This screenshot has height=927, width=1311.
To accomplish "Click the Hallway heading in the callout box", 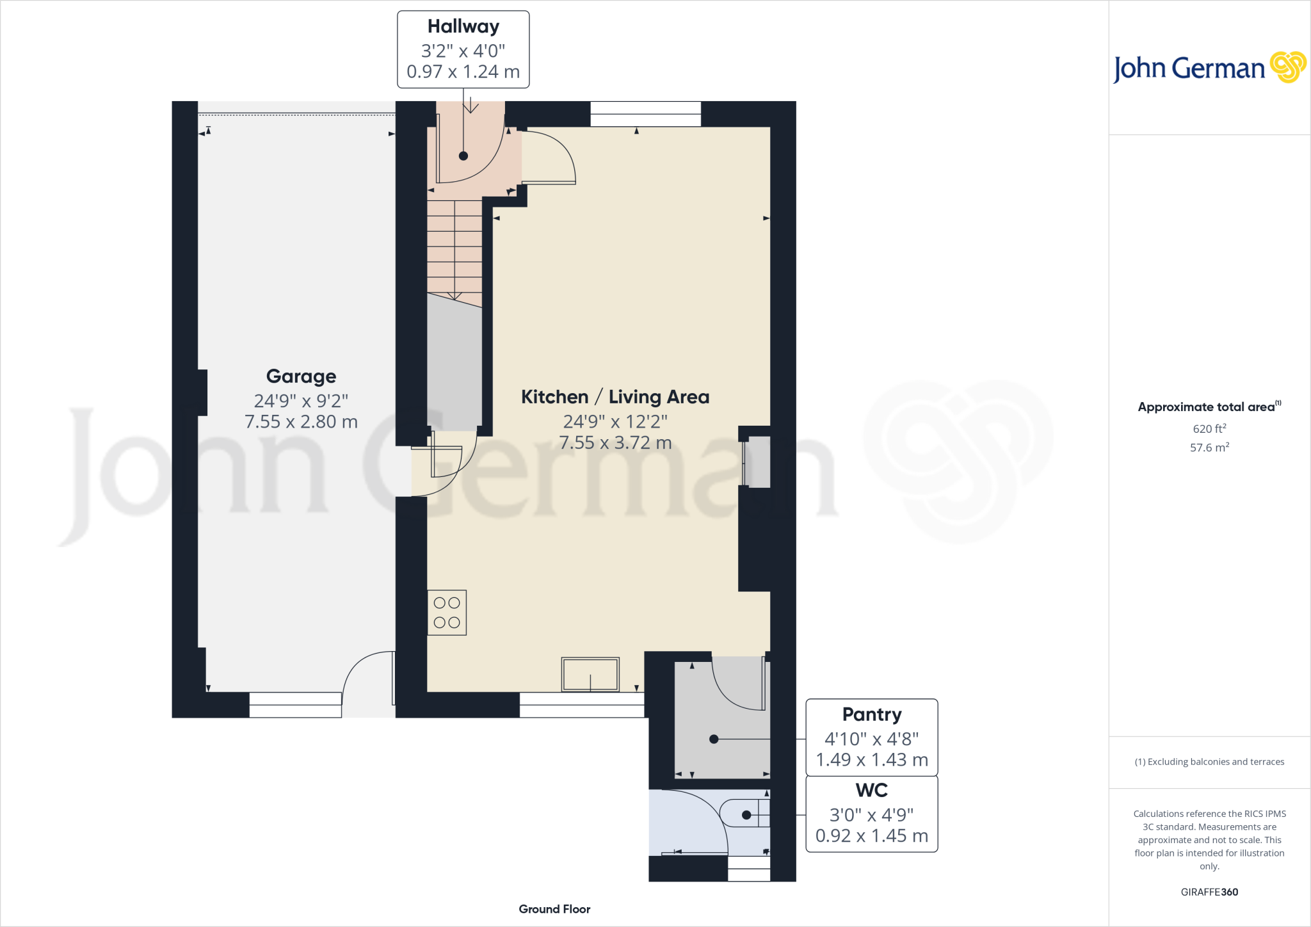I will [x=463, y=27].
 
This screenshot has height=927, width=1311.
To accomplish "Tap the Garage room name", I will [x=301, y=376].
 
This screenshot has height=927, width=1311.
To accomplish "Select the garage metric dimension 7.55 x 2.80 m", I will [x=301, y=422].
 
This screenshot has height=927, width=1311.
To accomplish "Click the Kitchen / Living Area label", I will [x=615, y=397].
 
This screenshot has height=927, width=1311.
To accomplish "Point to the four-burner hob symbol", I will [x=447, y=613].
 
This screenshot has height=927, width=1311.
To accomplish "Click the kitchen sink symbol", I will [x=590, y=674].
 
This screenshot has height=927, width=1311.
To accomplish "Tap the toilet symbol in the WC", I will [x=744, y=814].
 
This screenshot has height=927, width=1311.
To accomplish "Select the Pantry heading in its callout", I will [x=871, y=714].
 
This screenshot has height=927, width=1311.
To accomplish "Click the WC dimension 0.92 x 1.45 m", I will [x=871, y=836].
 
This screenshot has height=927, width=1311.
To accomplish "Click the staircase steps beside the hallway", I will [x=454, y=250].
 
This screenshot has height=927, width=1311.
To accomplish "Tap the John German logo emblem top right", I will [x=1287, y=67].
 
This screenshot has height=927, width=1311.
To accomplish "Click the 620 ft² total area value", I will [x=1209, y=428].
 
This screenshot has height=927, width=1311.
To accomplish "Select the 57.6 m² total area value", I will [x=1209, y=447].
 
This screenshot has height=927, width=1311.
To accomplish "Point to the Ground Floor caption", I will [x=554, y=909].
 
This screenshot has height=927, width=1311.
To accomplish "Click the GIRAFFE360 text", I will [x=1209, y=892].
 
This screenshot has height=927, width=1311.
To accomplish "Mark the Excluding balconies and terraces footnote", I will [x=1209, y=762].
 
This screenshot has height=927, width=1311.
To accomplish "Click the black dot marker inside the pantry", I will [x=714, y=739].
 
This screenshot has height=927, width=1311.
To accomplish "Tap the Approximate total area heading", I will [x=1207, y=407].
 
